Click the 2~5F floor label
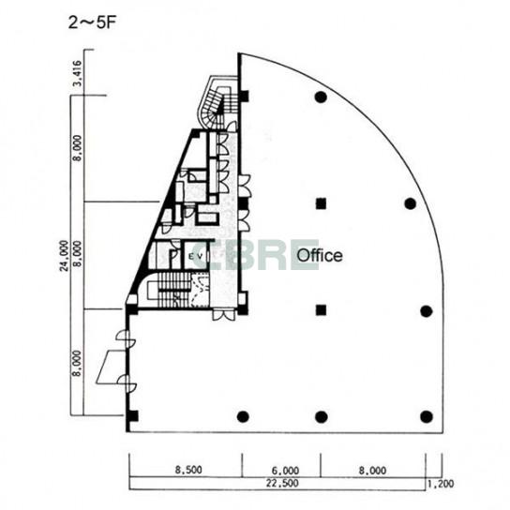92,23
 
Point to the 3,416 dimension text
77,73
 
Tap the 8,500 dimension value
188,470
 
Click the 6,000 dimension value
285,471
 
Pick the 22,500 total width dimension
282,483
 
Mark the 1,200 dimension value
441,484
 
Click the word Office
320,255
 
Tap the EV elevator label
197,256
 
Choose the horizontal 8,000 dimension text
372,471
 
